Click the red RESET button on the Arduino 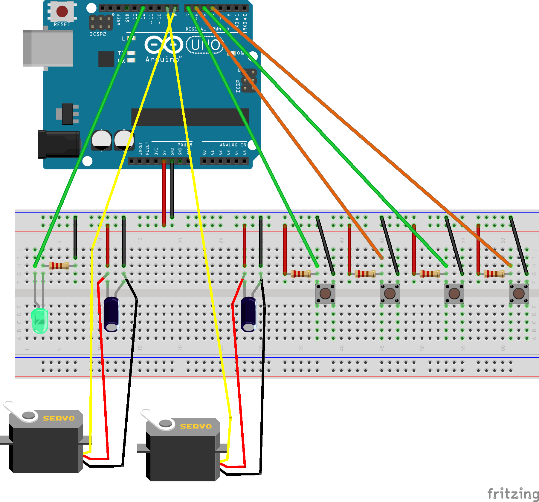62,11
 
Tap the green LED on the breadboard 39,321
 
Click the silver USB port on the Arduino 48,48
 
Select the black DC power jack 58,144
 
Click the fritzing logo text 512,493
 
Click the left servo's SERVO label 59,418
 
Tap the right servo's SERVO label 196,426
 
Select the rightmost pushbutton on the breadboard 518,293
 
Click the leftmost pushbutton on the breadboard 325,293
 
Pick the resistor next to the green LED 59,265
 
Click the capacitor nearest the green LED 111,314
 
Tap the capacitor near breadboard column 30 248,314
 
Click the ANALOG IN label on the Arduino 233,145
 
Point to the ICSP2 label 98,34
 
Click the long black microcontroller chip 190,117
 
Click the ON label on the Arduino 240,53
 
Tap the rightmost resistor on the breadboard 494,273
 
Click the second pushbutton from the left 390,293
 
